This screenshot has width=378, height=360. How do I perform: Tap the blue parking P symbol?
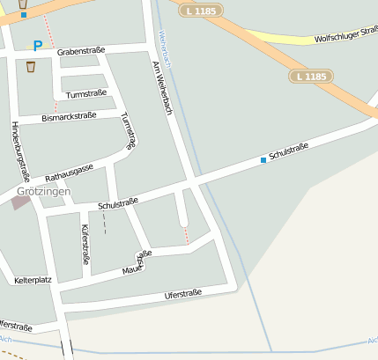click(x=37, y=46)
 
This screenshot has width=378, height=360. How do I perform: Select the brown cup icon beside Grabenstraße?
click(x=31, y=66)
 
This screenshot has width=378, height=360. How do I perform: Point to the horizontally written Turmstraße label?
click(x=86, y=93)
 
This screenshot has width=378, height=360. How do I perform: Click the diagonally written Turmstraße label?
click(x=129, y=131)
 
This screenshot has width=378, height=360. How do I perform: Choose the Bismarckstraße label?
click(x=69, y=116)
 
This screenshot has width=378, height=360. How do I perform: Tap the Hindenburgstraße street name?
click(x=20, y=150)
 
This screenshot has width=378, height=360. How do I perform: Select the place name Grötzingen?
click(x=42, y=191)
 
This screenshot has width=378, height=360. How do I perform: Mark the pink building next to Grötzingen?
click(x=20, y=202)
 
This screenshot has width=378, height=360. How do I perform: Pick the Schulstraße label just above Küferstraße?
click(x=118, y=203)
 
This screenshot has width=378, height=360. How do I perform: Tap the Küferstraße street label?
click(x=85, y=244)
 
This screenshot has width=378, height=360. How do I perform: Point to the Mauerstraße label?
click(x=137, y=261)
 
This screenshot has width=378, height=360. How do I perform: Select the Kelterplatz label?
click(x=33, y=281)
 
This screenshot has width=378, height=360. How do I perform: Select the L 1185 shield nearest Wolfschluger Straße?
click(x=311, y=77)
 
